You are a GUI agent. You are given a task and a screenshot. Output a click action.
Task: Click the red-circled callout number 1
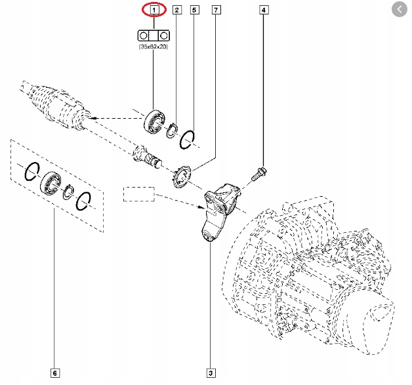155,10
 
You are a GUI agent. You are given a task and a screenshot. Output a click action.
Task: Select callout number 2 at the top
177,10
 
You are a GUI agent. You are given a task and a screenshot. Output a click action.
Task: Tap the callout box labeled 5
194,10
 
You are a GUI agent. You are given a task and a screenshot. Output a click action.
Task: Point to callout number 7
216,10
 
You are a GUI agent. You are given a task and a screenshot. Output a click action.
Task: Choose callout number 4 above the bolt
264,10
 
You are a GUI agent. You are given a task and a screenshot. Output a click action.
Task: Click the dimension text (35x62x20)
154,47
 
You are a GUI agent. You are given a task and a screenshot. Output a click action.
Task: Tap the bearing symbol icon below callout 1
154,35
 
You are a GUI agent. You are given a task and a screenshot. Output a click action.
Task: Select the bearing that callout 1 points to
154,121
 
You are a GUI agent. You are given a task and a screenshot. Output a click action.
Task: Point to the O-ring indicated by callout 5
189,138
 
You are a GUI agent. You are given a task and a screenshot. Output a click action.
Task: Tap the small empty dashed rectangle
138,194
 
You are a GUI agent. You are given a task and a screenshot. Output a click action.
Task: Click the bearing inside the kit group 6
51,182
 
